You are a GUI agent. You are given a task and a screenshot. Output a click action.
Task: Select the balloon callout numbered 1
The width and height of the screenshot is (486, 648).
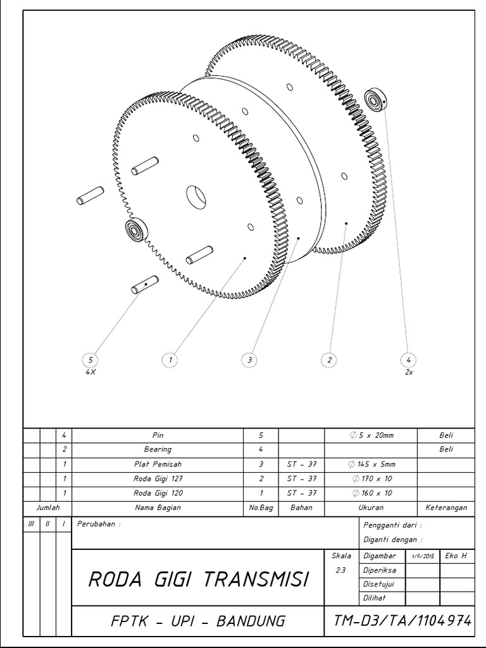coord(170,359)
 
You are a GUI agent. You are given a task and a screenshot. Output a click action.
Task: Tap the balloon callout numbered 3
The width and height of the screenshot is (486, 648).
coord(250,359)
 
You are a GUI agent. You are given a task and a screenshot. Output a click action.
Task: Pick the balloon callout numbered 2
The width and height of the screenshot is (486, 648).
coord(329,359)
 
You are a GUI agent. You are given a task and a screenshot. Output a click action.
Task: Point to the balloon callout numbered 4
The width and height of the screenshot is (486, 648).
coord(409,359)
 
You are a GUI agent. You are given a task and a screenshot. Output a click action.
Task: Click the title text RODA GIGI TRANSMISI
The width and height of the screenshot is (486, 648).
coord(198,579)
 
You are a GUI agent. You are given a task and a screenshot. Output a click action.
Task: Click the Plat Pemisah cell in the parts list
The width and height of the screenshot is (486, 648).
coord(158,464)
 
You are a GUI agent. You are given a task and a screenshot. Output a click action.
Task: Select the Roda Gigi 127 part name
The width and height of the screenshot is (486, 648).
coord(158,478)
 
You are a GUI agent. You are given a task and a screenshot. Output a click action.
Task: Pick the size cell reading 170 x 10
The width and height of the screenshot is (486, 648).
coord(371,478)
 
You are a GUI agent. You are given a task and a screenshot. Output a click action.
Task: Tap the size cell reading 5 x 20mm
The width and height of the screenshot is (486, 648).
coord(371,435)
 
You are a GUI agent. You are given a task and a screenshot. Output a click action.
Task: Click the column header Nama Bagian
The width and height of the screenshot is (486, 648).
coord(158,507)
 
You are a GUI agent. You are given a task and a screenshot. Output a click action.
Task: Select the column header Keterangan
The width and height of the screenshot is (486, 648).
coord(446,507)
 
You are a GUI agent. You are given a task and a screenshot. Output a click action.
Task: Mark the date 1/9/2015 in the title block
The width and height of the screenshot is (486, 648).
coord(422,556)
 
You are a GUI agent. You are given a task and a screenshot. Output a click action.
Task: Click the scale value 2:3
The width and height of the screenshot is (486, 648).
coord(339,570)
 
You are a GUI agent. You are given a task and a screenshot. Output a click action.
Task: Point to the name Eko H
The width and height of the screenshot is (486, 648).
coord(456,556)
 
